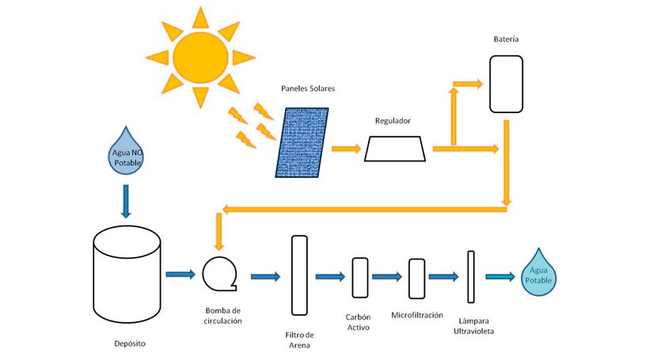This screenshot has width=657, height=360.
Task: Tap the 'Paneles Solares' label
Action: tap(308, 89)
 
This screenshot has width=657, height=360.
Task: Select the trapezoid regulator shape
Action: tap(396, 149)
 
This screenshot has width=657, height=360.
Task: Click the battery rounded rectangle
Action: tap(506, 84)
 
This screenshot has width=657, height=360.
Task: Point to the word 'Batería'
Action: tap(506, 39)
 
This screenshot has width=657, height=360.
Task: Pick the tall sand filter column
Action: tap(298, 275)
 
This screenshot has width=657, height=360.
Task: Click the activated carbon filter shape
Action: tap(359, 277)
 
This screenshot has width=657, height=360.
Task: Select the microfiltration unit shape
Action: tap(416, 277)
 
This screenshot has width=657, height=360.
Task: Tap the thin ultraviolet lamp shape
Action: tap(471, 276)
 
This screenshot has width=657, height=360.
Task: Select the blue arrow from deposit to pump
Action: tap(180, 275)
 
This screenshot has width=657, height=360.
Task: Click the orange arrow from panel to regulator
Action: tap(346, 148)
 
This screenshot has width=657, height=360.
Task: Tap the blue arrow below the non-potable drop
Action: tap(125, 200)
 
